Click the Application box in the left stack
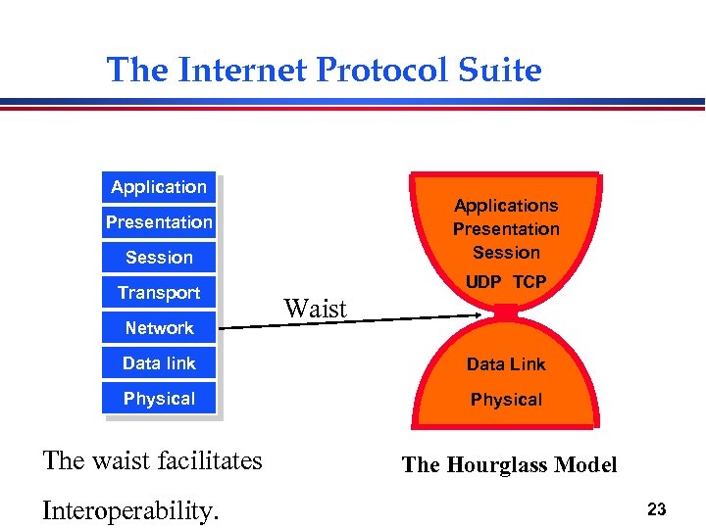click(159, 187)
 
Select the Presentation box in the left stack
click(159, 222)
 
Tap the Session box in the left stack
click(159, 258)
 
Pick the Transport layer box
click(159, 293)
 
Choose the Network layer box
click(159, 328)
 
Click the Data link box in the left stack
click(159, 363)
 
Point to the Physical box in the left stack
click(159, 399)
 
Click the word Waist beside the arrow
click(316, 310)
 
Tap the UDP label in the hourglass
click(483, 282)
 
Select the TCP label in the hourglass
click(529, 282)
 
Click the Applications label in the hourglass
click(506, 206)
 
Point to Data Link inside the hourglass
click(506, 364)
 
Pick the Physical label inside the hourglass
click(506, 400)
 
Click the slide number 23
click(657, 509)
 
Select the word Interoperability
click(130, 510)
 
